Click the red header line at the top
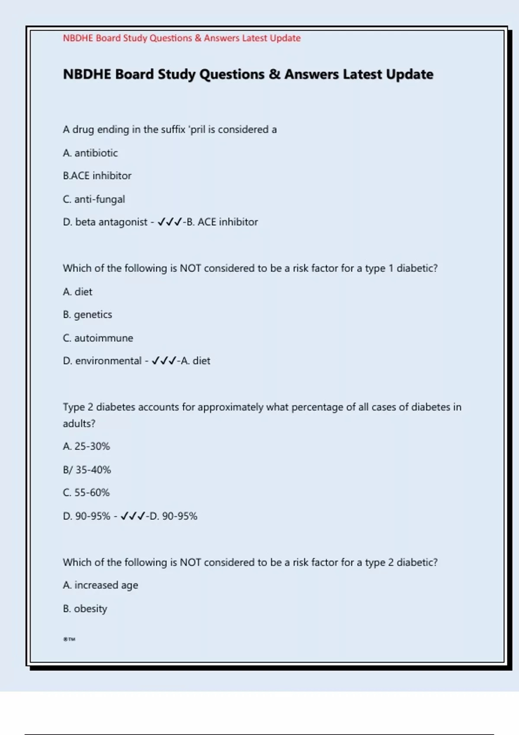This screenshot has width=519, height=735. (x=182, y=38)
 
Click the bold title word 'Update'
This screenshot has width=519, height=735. (x=410, y=74)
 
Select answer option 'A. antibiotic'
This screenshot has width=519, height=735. (x=90, y=153)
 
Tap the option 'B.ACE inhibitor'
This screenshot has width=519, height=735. (x=97, y=176)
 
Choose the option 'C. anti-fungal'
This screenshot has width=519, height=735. (x=94, y=199)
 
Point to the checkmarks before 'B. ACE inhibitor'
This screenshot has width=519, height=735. (x=169, y=222)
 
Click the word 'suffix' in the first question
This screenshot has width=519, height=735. (x=173, y=130)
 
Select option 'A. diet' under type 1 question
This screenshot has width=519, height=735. (x=77, y=292)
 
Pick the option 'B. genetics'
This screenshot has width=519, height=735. (x=87, y=315)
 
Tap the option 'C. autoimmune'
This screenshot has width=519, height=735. (x=98, y=338)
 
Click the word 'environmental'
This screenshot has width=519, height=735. (x=108, y=361)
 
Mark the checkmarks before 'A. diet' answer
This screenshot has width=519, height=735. (x=163, y=361)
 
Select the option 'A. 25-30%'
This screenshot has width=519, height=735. (x=86, y=447)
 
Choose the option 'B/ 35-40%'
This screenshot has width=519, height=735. (x=87, y=470)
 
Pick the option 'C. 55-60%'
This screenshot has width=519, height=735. (x=86, y=493)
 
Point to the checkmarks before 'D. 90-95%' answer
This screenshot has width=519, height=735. (x=132, y=516)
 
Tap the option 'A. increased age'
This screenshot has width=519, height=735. (x=100, y=585)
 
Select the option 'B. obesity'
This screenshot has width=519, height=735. (x=85, y=609)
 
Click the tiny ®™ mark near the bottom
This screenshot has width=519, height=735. (x=69, y=639)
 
